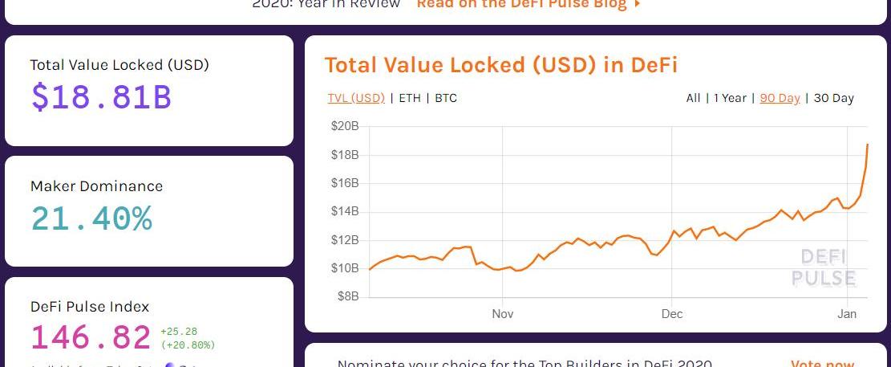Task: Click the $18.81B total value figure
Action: coord(101,97)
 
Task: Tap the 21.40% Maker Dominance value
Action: coord(91,218)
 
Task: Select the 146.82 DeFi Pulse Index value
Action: coord(91,338)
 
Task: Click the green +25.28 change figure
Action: coord(179,331)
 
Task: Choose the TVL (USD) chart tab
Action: coord(356,98)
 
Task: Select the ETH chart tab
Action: coord(410,98)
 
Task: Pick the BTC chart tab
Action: coord(446,98)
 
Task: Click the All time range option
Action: coord(693,98)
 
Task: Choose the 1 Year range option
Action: coord(730,98)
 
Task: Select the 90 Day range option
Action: coord(780,98)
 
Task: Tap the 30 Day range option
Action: coord(834,98)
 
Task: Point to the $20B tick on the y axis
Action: coord(345,126)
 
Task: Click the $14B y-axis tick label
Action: coord(345,211)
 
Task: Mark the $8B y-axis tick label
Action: coord(346,296)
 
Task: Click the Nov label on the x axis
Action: coord(503,314)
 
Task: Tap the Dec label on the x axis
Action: coord(672,314)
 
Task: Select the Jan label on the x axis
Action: coord(847,314)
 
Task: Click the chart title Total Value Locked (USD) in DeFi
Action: coord(500,65)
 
